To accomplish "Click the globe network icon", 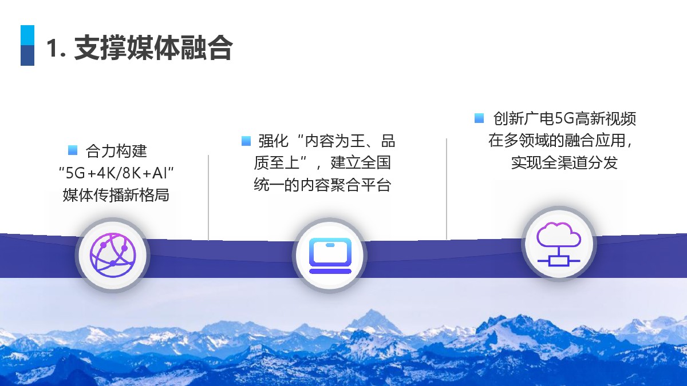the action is (x=113, y=255).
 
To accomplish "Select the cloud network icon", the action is (x=559, y=244).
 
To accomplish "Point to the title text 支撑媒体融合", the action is (x=153, y=48).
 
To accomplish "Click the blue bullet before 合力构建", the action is (x=73, y=150).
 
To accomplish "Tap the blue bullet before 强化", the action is (x=246, y=141).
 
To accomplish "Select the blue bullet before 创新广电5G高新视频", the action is (x=479, y=118).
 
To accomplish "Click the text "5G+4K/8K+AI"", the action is (x=117, y=173).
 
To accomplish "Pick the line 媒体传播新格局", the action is (x=116, y=195).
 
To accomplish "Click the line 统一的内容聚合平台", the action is (x=322, y=185).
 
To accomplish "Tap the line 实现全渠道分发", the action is (x=564, y=162).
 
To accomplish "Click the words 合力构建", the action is (x=116, y=151).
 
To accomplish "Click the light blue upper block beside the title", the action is (x=27, y=35).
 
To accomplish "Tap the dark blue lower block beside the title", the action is (x=27, y=55).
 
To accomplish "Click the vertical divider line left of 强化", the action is (x=208, y=198).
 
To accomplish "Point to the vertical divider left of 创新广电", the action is (x=447, y=189).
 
